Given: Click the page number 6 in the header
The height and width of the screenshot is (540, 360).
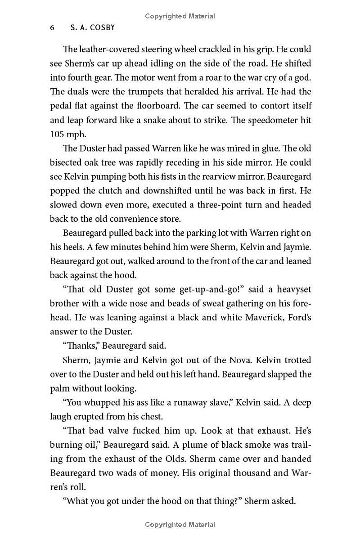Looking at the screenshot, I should pos(52,28).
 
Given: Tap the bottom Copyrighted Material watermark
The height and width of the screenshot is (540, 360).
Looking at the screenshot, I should pos(180,525).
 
